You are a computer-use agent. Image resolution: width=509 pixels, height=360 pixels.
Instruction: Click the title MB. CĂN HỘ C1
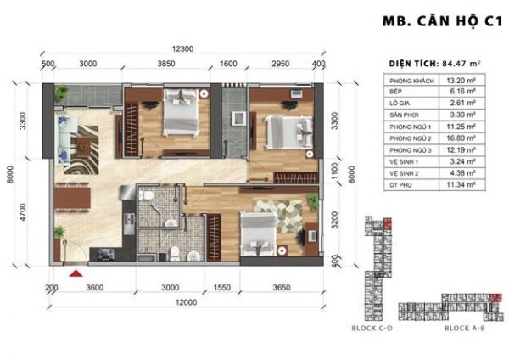coord(433,25)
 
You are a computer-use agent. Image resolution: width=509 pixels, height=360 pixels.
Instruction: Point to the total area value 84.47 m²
coord(457,63)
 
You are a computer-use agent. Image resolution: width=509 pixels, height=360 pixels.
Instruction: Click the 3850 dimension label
coord(166,64)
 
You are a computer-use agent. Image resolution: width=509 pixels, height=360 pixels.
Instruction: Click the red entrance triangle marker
coord(76,273)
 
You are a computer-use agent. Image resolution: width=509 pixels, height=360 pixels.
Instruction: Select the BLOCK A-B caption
coord(466,327)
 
